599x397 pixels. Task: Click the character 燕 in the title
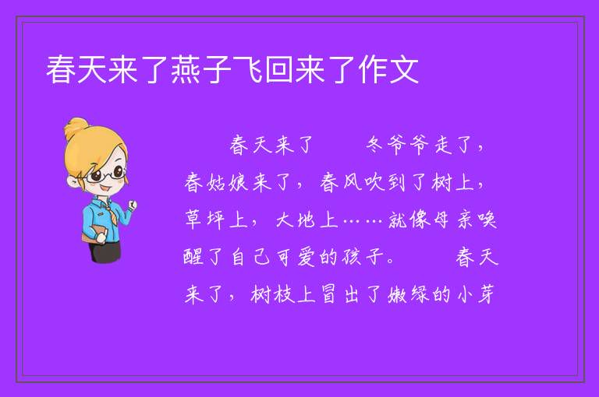[186, 69]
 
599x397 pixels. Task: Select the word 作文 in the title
[388, 69]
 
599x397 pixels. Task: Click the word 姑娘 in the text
[228, 182]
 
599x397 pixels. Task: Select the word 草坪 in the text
[205, 220]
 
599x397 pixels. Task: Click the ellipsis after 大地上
[363, 221]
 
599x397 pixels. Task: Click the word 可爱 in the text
[296, 257]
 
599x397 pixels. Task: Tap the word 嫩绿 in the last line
[408, 294]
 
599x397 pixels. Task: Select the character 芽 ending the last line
[486, 294]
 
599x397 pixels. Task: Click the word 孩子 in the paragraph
[363, 257]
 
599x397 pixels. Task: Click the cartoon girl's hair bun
[76, 128]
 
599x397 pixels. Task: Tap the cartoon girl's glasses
[105, 175]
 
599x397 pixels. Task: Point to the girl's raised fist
[132, 205]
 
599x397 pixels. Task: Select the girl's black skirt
[105, 251]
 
